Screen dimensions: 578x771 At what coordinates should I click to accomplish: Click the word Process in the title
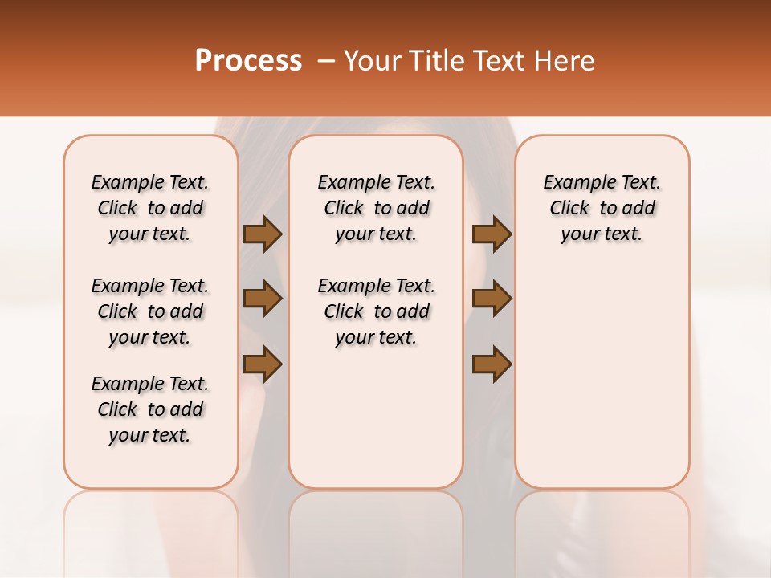tap(248, 60)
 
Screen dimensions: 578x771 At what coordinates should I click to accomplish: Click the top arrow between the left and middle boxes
tap(263, 234)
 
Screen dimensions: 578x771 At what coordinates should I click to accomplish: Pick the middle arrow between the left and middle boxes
tap(263, 299)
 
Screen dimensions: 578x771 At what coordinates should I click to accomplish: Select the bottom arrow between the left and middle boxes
tap(263, 364)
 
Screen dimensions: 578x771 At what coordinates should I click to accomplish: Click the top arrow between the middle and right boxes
tap(492, 234)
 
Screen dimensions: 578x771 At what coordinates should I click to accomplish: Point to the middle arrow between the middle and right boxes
tap(492, 299)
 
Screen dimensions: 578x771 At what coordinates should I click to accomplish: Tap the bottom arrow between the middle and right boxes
tap(492, 364)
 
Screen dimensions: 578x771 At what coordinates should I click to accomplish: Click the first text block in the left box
tap(150, 208)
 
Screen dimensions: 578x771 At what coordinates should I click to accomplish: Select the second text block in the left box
tap(150, 311)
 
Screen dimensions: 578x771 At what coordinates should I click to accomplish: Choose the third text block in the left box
tap(150, 409)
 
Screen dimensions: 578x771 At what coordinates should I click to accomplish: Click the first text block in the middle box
tap(376, 208)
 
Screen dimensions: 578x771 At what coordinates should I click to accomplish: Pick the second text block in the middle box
tap(376, 311)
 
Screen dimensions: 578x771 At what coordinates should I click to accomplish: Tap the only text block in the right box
tap(602, 208)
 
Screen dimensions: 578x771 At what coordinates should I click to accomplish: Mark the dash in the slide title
tap(326, 60)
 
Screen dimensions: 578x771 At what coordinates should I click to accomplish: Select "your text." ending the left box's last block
tap(150, 435)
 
